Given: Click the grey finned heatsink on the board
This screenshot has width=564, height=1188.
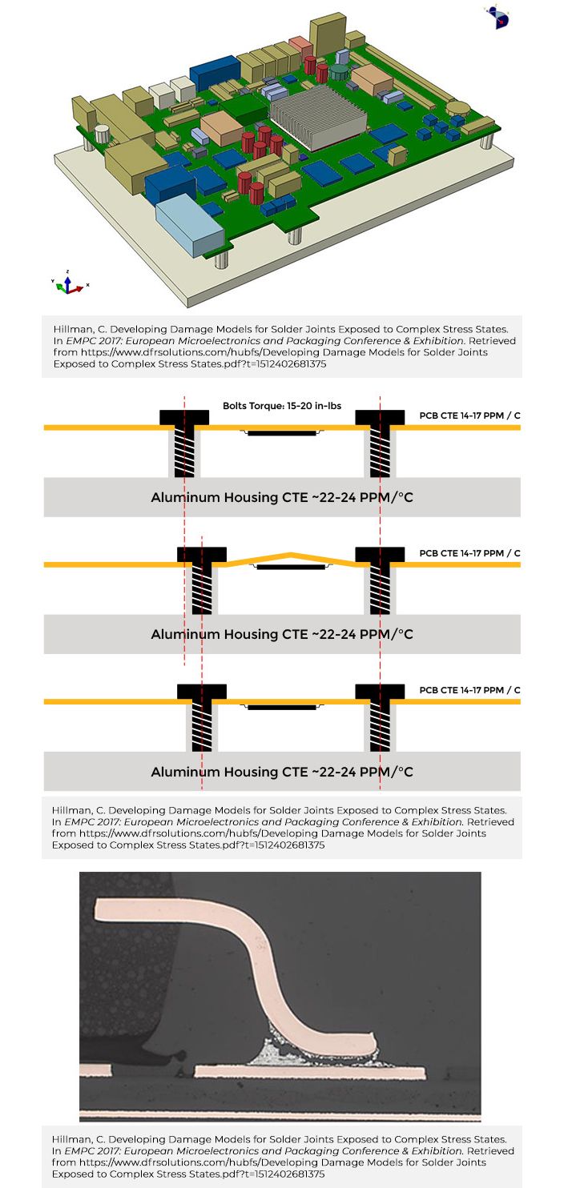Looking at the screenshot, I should [317, 117].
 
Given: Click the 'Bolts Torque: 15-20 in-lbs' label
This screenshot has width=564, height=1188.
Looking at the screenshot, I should [282, 406].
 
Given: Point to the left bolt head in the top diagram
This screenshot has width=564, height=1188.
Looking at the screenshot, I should [184, 417].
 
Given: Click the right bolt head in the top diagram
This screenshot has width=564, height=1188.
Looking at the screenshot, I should [380, 417].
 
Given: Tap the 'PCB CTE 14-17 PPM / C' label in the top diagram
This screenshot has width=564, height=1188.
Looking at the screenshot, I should [469, 415].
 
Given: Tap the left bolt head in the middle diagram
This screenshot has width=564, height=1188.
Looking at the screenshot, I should [202, 554].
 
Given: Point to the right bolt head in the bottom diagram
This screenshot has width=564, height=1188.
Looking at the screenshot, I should [380, 692].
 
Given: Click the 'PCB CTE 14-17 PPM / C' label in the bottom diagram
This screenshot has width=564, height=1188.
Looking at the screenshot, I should [469, 690].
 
